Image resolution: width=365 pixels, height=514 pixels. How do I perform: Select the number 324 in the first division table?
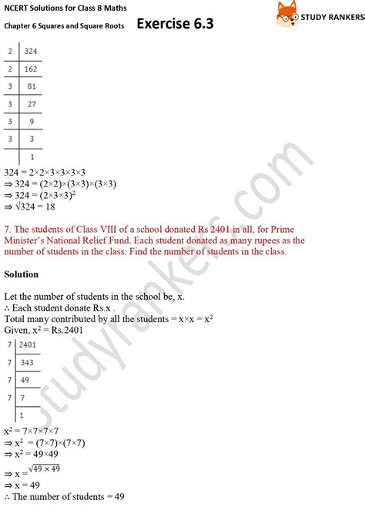click(32, 52)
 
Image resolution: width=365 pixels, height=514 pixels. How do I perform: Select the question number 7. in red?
click(8, 228)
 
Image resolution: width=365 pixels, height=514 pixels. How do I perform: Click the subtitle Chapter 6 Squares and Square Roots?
click(62, 25)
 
